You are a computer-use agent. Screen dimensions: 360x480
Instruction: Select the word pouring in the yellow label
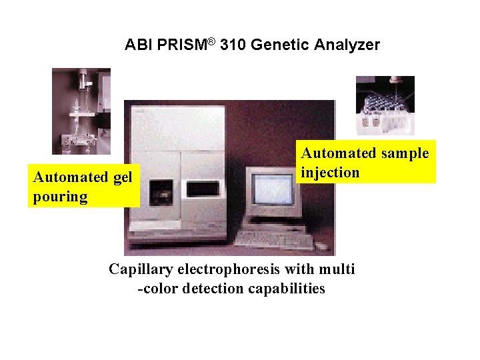60,197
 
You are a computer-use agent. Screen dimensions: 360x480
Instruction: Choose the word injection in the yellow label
330,173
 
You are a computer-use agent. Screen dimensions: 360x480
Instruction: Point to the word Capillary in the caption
139,269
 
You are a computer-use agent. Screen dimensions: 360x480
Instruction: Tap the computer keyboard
273,239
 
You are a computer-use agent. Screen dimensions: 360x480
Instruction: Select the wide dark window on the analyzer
207,189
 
